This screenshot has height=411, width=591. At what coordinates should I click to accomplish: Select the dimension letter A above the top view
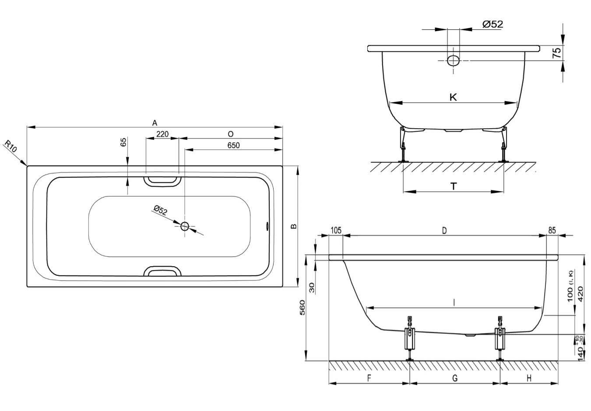click(x=155, y=123)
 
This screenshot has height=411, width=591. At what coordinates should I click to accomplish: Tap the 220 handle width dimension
click(x=162, y=134)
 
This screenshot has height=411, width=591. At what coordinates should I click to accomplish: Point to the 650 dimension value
click(x=233, y=145)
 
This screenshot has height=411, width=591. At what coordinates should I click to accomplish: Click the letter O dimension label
click(x=231, y=134)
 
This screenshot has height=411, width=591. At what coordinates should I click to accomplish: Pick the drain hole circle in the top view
click(x=185, y=226)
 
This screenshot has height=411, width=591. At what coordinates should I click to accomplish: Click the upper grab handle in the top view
click(x=162, y=179)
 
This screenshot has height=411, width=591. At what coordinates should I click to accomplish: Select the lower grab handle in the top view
click(x=162, y=272)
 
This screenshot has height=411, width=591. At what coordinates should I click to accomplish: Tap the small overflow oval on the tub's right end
click(x=267, y=226)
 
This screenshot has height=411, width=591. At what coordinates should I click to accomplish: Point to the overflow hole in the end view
click(x=454, y=60)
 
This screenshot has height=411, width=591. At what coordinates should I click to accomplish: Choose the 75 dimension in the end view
click(x=556, y=53)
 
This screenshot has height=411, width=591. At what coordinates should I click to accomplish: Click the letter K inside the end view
click(x=453, y=98)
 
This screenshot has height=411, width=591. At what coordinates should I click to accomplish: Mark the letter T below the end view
click(x=454, y=187)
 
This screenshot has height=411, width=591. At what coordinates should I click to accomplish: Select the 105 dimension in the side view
click(x=335, y=230)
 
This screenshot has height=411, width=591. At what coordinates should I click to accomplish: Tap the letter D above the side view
click(x=444, y=230)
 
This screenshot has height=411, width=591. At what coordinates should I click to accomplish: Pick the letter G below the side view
click(x=454, y=378)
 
